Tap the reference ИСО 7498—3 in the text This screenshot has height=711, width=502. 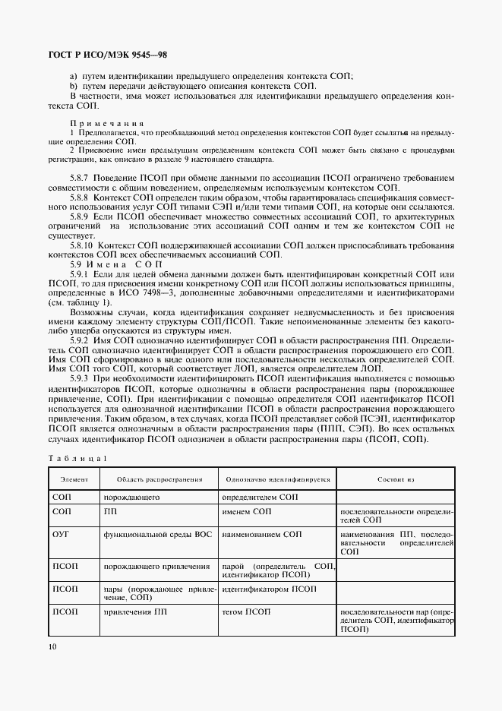186,292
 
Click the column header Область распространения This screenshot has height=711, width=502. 159,479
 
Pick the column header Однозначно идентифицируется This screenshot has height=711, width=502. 277,479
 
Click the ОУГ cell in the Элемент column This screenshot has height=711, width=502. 61,535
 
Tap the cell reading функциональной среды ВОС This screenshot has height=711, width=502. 157,535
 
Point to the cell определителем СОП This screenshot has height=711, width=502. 260,496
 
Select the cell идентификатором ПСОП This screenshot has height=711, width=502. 270,589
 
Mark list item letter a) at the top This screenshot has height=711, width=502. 74,75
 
